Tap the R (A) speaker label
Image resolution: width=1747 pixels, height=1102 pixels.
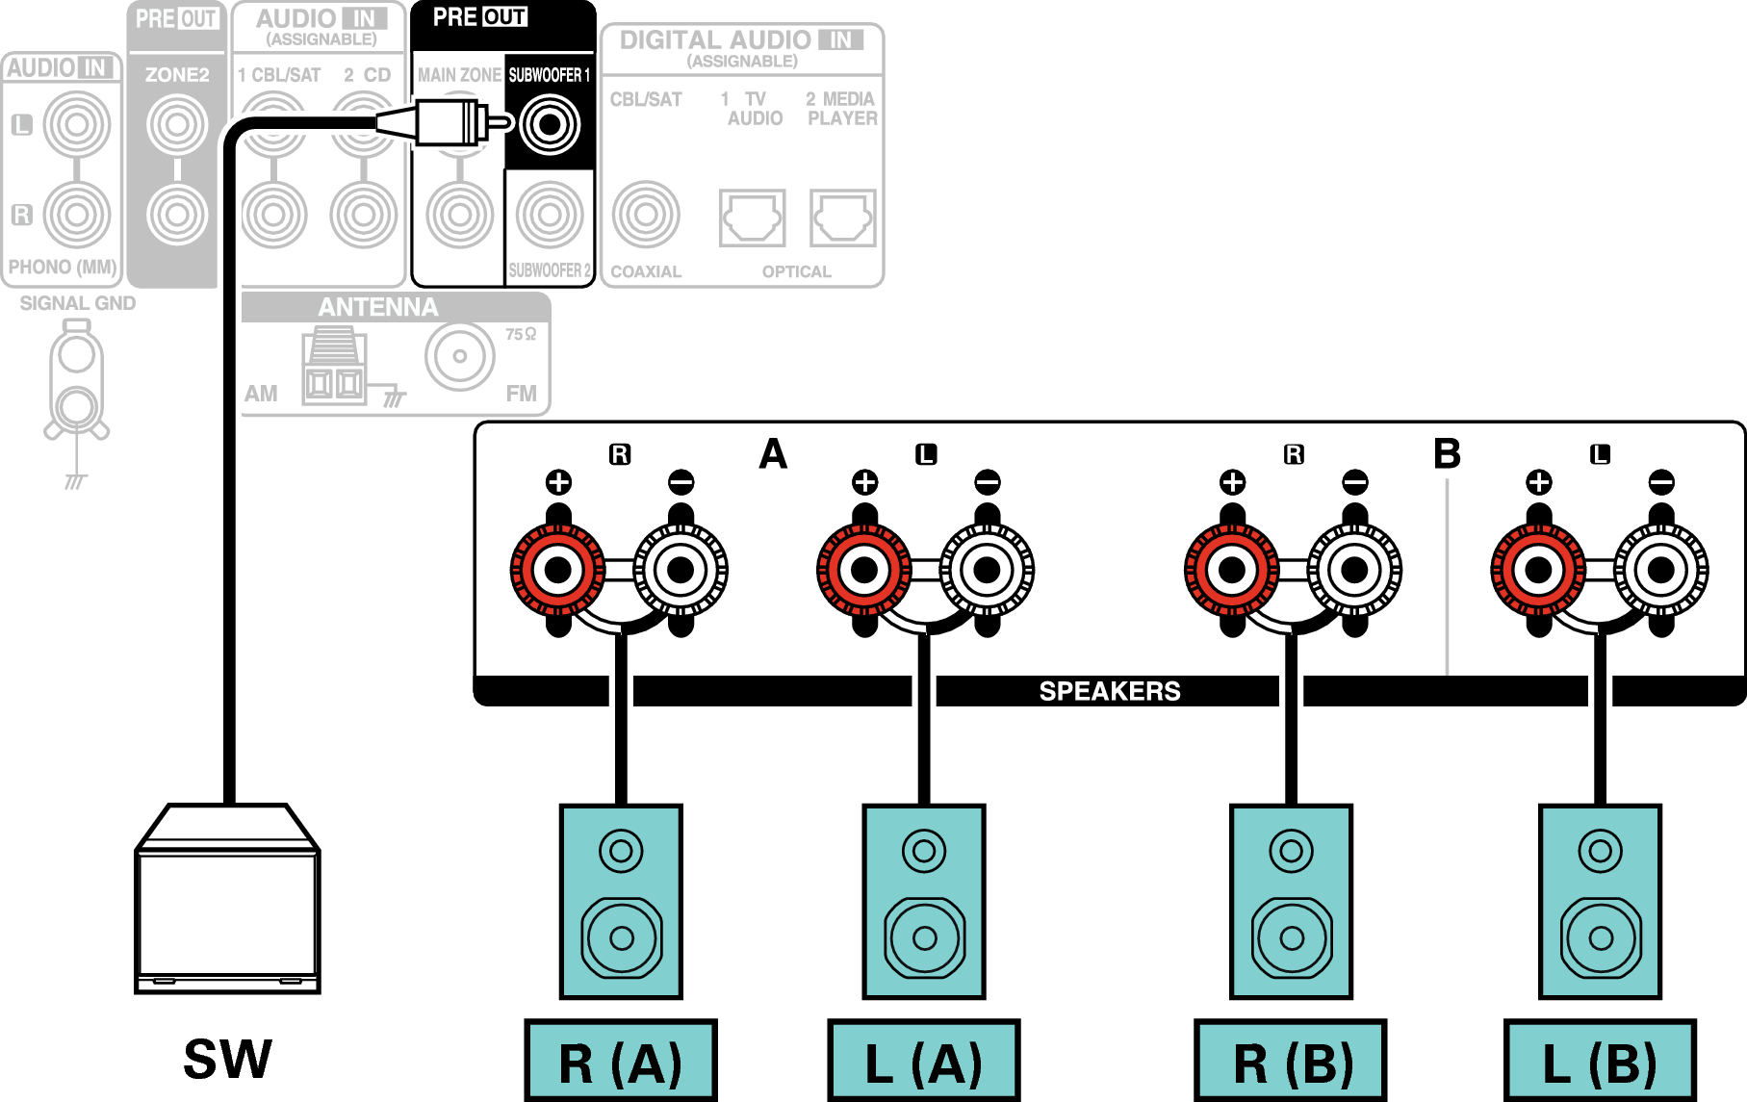pyautogui.click(x=621, y=1061)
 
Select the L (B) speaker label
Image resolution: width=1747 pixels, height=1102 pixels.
pyautogui.click(x=1600, y=1061)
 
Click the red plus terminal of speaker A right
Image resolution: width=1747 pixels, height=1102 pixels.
pyautogui.click(x=558, y=570)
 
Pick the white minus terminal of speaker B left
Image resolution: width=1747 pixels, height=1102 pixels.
pyautogui.click(x=1660, y=570)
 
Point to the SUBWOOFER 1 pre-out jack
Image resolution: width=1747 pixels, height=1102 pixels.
pyautogui.click(x=550, y=124)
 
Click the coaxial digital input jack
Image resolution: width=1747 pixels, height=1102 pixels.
pyautogui.click(x=646, y=215)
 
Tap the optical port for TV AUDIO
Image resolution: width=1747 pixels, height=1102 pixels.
pyautogui.click(x=753, y=218)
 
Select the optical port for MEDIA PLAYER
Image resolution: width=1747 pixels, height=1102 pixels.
pyautogui.click(x=843, y=218)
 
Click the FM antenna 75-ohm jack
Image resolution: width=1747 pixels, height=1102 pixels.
pyautogui.click(x=460, y=355)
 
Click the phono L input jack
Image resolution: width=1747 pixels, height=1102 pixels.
pyautogui.click(x=77, y=124)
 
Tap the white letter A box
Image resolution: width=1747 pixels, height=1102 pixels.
pyautogui.click(x=773, y=454)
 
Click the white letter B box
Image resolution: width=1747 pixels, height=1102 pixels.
pyautogui.click(x=1447, y=454)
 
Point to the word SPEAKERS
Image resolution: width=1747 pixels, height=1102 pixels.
pyautogui.click(x=1110, y=691)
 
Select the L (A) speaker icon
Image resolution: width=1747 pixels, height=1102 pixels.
pyautogui.click(x=924, y=901)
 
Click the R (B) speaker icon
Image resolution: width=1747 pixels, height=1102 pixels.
pyautogui.click(x=1291, y=901)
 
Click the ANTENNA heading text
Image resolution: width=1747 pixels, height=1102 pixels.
pyautogui.click(x=378, y=307)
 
